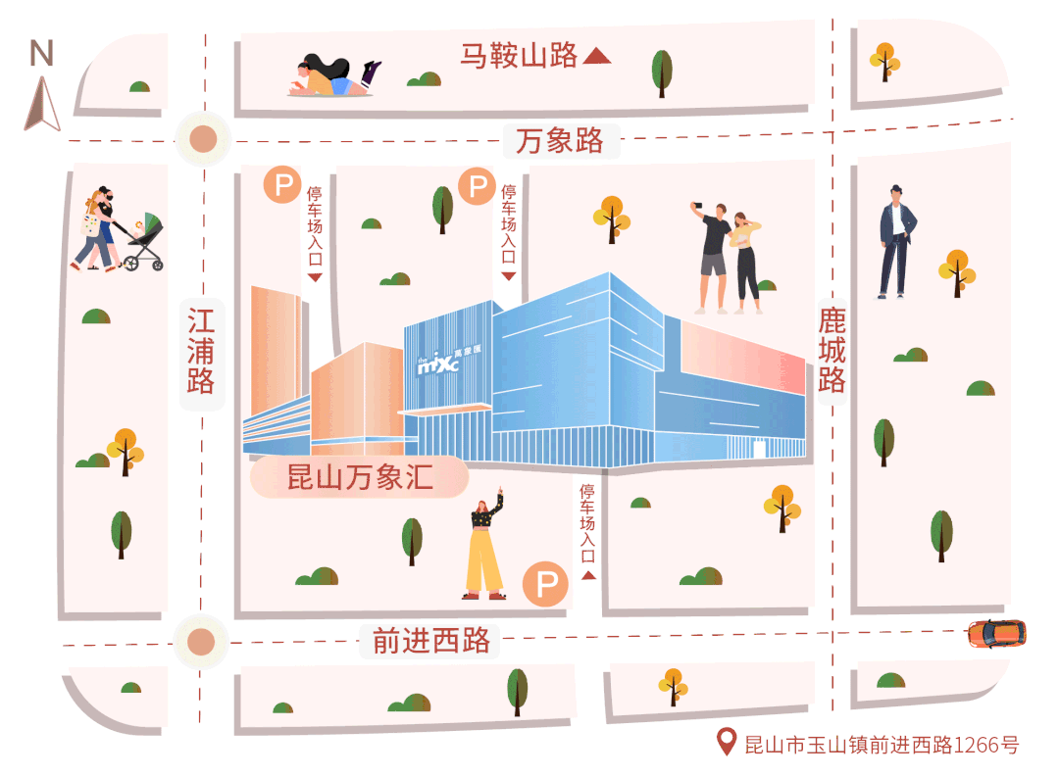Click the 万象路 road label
tap(560, 141)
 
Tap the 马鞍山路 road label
tap(520, 56)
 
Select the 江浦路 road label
tap(201, 350)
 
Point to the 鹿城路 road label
tap(832, 349)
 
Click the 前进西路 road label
tap(430, 641)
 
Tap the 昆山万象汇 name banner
tap(359, 478)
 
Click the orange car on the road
tap(995, 633)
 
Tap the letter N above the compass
tap(41, 53)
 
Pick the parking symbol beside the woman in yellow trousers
tap(545, 585)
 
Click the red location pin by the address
tap(727, 742)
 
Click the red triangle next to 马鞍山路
tap(596, 57)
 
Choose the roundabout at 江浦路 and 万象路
tap(203, 139)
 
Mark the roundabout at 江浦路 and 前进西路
tap(201, 643)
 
